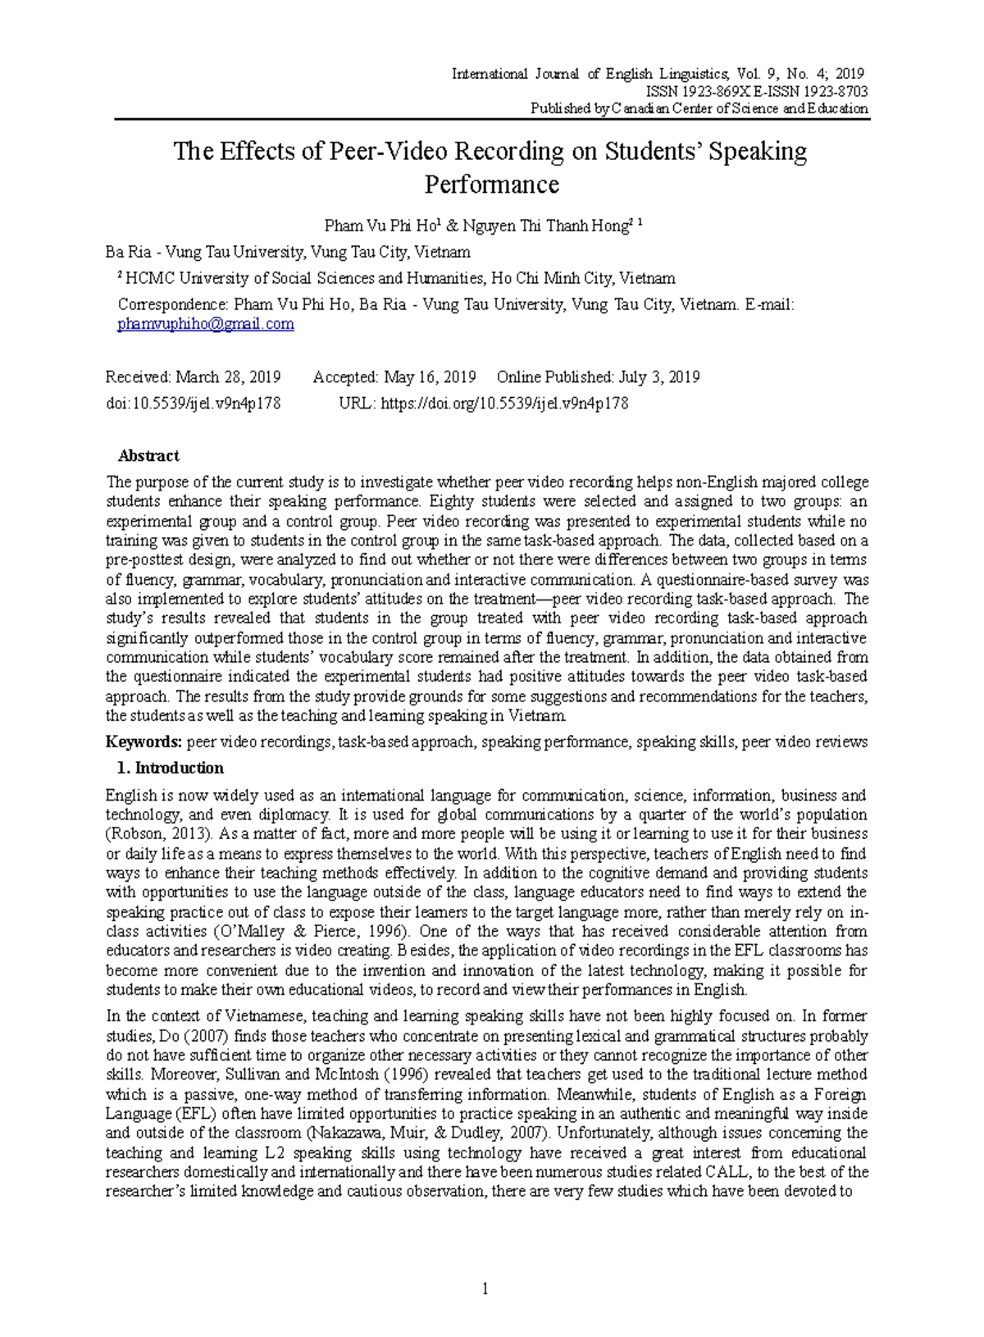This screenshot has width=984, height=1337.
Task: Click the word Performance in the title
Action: coord(491,185)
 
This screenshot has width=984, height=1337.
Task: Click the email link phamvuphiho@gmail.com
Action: coord(206,324)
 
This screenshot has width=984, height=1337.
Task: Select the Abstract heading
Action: coord(148,456)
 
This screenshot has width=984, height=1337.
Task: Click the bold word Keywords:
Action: coord(143,742)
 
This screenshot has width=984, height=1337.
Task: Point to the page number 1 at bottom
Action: coord(485,1289)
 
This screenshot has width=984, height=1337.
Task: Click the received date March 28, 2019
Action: coord(228,377)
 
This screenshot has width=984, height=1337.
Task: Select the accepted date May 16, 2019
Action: coord(430,377)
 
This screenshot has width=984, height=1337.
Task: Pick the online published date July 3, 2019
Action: coord(659,377)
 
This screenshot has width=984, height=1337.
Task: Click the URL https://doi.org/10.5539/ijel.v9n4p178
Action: coord(504,404)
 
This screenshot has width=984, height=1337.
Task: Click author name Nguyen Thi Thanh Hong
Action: coord(544,226)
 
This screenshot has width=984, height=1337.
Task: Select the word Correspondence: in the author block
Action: coord(172,305)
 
